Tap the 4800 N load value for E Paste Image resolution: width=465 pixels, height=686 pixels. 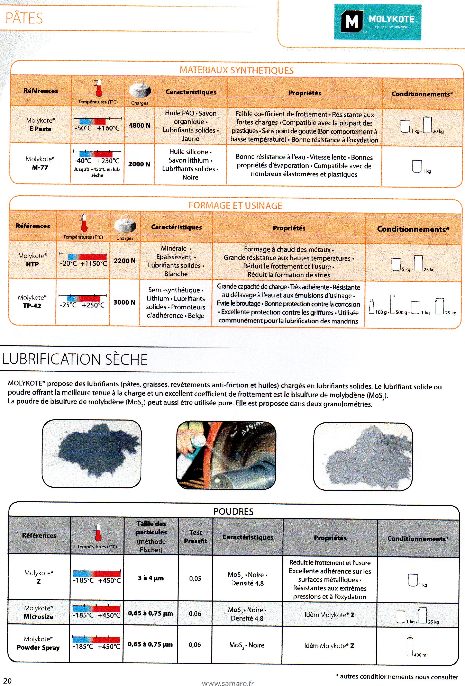[139, 125]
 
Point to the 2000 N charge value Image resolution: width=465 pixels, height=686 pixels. [139, 164]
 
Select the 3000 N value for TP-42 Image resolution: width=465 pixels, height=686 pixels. [124, 302]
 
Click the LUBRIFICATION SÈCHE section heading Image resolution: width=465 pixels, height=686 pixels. [75, 360]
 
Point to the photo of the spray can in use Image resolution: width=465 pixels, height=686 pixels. [226, 455]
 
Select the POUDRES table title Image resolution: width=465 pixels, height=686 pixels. [233, 512]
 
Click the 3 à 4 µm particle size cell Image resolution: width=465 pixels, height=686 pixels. [151, 578]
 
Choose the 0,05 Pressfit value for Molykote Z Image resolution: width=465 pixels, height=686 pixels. [195, 579]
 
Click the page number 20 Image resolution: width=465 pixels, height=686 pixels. [7, 681]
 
